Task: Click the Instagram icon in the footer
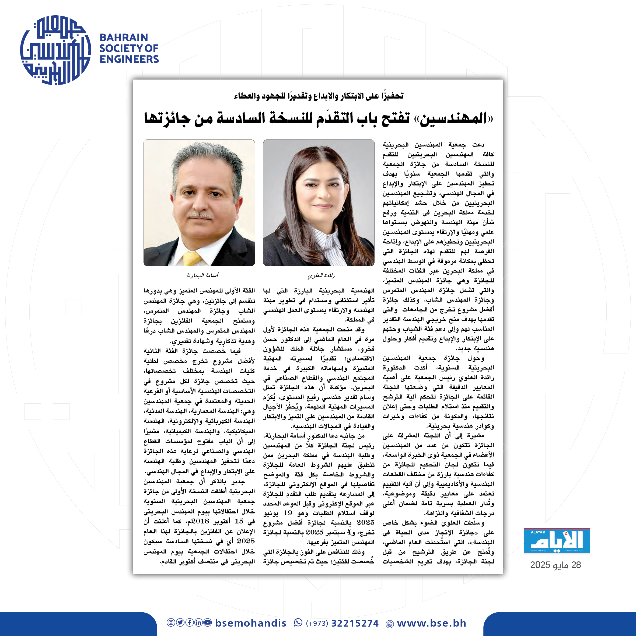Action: pos(170,622)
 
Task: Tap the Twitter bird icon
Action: pos(180,622)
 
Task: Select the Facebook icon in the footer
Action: pos(189,622)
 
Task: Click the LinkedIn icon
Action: pos(198,622)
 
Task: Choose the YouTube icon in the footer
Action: pos(207,622)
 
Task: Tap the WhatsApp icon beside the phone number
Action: pos(298,622)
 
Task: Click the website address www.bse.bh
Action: pos(432,623)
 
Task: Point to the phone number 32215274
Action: pos(355,623)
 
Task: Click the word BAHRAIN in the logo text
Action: pos(124,37)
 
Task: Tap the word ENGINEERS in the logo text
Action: pos(129,59)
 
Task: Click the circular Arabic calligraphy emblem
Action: pos(55,50)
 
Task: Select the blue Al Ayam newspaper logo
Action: pos(557,541)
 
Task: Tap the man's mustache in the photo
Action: pos(200,216)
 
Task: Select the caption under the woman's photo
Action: pos(321,275)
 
